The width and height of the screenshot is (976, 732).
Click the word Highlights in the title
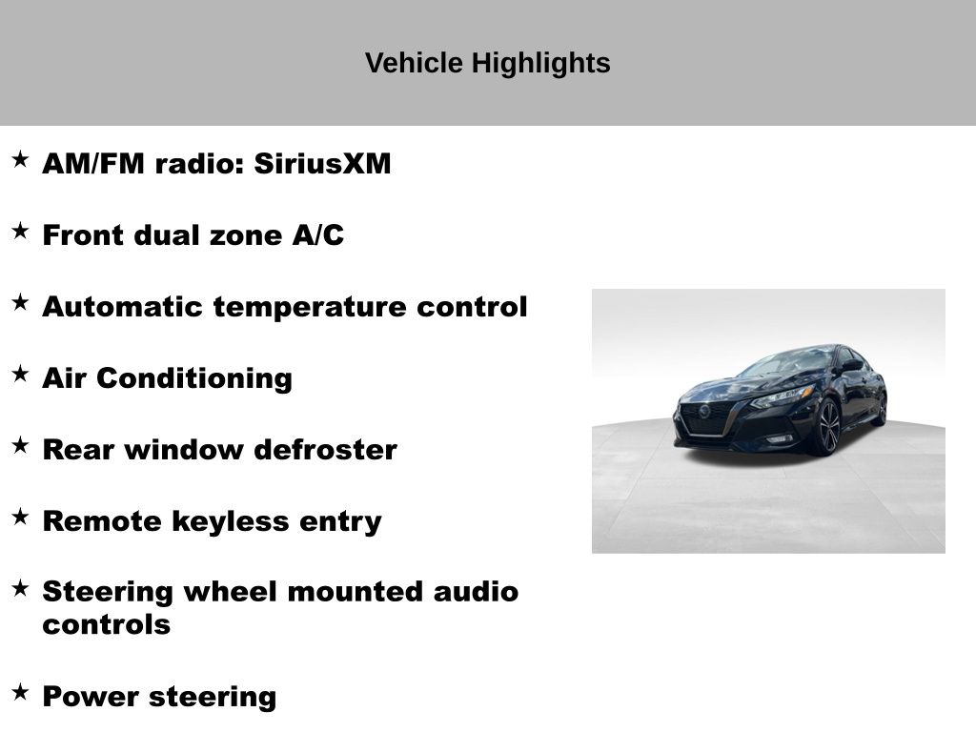click(x=540, y=64)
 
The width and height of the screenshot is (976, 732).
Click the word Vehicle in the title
click(x=414, y=63)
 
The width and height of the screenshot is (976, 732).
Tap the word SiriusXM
click(x=322, y=164)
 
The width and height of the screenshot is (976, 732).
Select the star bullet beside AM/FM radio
click(x=21, y=159)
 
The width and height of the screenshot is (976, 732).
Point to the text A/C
click(x=318, y=234)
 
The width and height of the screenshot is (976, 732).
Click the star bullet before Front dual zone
click(x=21, y=231)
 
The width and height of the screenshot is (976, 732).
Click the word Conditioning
click(x=194, y=378)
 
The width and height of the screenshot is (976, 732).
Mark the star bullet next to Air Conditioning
click(x=21, y=374)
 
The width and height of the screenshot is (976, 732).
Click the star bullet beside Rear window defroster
click(x=21, y=446)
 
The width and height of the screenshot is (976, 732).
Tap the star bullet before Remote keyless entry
click(x=21, y=517)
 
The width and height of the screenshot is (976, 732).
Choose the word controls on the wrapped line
click(x=107, y=624)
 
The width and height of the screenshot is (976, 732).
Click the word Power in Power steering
click(x=91, y=697)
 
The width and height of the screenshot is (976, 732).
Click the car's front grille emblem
click(x=704, y=411)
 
